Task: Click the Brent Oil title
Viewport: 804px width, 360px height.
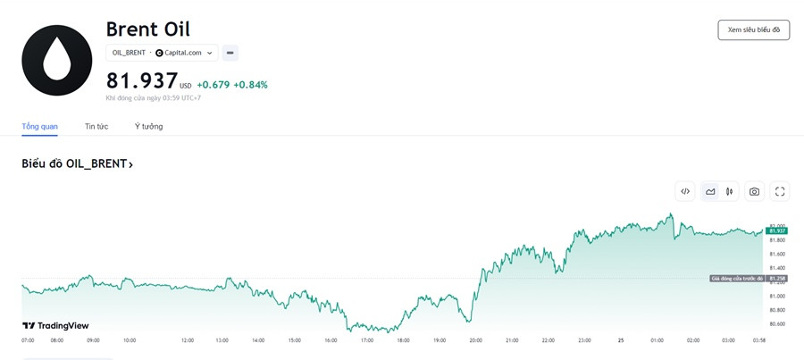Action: click(x=147, y=29)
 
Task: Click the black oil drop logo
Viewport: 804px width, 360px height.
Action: click(x=57, y=60)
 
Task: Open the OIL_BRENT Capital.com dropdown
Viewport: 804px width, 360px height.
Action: click(x=162, y=53)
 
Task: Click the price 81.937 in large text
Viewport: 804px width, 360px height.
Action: click(x=142, y=81)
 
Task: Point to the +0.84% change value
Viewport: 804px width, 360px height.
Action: click(x=251, y=85)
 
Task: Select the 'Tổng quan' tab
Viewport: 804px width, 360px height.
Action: click(x=39, y=126)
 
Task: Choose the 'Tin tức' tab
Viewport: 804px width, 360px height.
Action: click(x=96, y=126)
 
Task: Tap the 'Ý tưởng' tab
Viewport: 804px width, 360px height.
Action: click(x=148, y=126)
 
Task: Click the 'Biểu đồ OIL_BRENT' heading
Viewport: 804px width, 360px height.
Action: click(x=77, y=164)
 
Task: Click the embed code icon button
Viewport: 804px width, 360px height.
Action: click(x=685, y=191)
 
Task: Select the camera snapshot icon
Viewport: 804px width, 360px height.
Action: click(x=754, y=191)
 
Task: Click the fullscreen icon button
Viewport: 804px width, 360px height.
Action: click(x=780, y=191)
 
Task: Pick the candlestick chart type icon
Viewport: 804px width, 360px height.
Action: click(x=730, y=191)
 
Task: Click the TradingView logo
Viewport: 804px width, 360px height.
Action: click(x=55, y=326)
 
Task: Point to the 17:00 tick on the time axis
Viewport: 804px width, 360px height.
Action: click(x=367, y=340)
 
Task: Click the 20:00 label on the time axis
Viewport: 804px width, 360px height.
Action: click(x=475, y=340)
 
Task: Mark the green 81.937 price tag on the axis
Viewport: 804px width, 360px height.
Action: click(x=776, y=230)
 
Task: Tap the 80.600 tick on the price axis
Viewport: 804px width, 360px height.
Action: click(x=777, y=324)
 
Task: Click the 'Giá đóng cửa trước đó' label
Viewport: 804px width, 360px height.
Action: click(x=737, y=279)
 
